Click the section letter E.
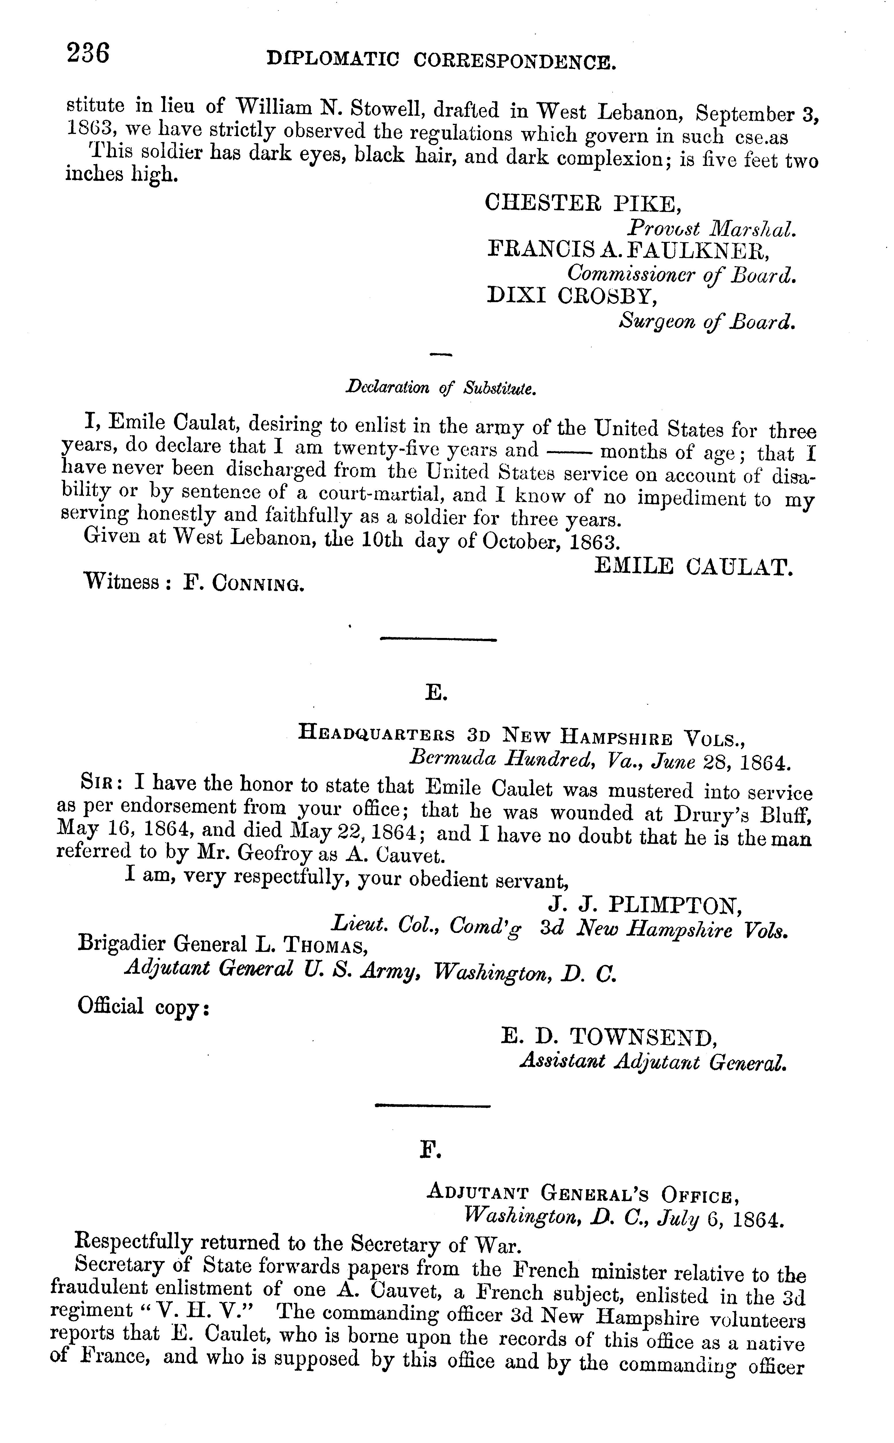click(x=436, y=692)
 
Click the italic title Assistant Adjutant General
click(x=653, y=1062)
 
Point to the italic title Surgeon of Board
click(x=706, y=321)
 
